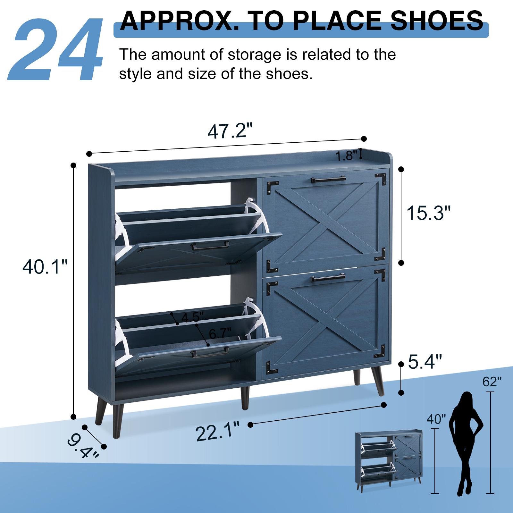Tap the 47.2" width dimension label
(x=230, y=131)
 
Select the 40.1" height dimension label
(x=45, y=267)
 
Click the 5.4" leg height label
(x=425, y=362)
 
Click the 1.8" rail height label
(x=346, y=156)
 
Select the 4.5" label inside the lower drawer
(x=192, y=318)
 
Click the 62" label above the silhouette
(x=492, y=382)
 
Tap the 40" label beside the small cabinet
(x=436, y=419)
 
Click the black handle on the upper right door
(x=328, y=179)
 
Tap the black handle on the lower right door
(x=328, y=279)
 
